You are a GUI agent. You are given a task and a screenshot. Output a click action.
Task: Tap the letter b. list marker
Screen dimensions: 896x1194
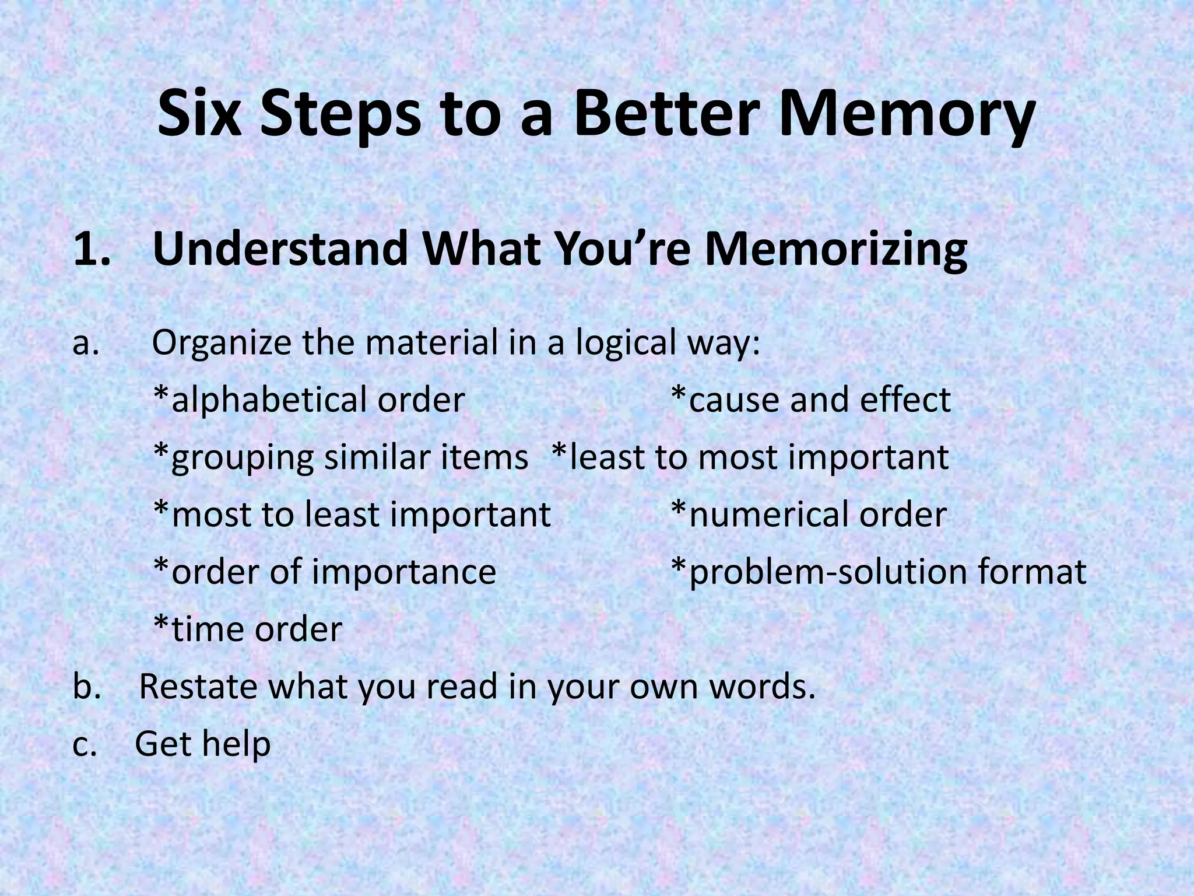coord(87,687)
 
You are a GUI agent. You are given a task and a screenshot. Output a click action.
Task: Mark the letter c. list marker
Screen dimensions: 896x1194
coord(85,744)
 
